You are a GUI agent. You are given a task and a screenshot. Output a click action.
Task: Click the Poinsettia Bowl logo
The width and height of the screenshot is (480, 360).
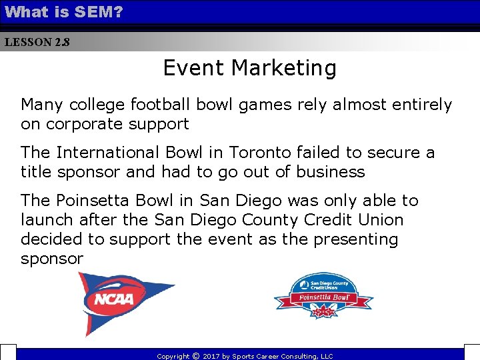click(323, 297)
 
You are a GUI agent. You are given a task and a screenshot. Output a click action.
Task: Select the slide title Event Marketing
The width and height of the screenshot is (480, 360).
click(250, 68)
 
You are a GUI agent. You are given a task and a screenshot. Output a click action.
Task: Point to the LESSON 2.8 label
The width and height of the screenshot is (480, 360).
click(37, 42)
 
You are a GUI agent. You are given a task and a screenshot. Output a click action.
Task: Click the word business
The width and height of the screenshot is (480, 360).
click(331, 172)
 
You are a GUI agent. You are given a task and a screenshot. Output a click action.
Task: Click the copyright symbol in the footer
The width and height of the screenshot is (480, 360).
click(195, 356)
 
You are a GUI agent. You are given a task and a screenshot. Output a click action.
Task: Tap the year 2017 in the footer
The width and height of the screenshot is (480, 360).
click(212, 357)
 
